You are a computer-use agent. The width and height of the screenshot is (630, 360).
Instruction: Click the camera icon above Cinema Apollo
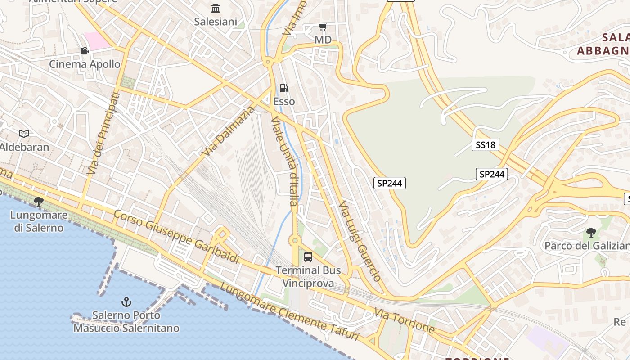(84, 50)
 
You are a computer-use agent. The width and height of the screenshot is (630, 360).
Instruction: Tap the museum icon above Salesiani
(216, 9)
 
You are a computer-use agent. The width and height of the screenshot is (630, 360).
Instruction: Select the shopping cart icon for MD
(323, 27)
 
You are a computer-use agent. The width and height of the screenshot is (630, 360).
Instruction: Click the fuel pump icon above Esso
(284, 88)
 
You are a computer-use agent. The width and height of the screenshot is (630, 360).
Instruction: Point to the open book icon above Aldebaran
(24, 134)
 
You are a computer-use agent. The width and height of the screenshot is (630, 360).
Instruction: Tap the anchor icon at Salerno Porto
(126, 301)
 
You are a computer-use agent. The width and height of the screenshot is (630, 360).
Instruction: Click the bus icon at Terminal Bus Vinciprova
(308, 257)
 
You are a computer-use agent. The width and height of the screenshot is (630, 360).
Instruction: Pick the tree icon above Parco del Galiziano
(591, 233)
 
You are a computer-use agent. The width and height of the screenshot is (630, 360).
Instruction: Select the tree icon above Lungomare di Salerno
(39, 201)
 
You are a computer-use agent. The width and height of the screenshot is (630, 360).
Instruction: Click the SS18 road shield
(486, 144)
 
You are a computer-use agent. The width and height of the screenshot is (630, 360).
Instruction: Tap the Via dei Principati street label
(103, 133)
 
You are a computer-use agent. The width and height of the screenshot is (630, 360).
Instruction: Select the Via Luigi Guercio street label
(360, 241)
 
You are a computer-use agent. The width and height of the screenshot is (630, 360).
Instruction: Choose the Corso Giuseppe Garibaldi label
(176, 236)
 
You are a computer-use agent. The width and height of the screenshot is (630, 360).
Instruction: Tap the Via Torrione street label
(405, 321)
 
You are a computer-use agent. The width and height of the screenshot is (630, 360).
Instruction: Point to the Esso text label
(284, 101)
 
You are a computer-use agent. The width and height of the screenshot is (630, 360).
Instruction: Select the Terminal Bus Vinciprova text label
(308, 276)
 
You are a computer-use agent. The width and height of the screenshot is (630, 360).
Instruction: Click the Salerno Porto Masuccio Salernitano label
(126, 321)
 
